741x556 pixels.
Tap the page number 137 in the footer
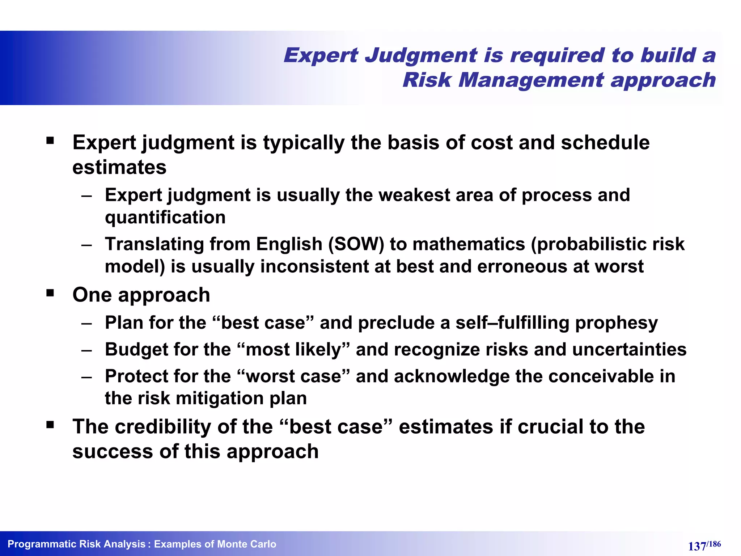click(696, 546)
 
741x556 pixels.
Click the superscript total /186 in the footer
click(714, 543)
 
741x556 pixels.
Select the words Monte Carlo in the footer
click(246, 544)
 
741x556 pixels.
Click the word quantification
click(165, 218)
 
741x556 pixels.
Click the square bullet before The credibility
click(50, 424)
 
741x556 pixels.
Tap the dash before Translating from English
click(86, 245)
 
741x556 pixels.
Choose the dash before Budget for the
click(86, 350)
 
